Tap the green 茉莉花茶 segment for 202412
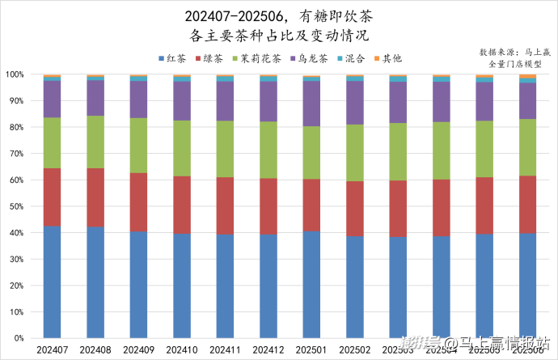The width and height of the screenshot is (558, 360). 268,150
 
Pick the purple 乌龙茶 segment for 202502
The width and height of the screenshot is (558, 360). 354,103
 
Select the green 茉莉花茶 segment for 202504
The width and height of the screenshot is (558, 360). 441,150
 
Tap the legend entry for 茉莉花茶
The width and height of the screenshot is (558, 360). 257,59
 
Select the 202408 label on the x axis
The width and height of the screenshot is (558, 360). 95,349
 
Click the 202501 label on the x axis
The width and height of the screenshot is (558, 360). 311,349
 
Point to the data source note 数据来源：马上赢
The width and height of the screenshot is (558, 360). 509,51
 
